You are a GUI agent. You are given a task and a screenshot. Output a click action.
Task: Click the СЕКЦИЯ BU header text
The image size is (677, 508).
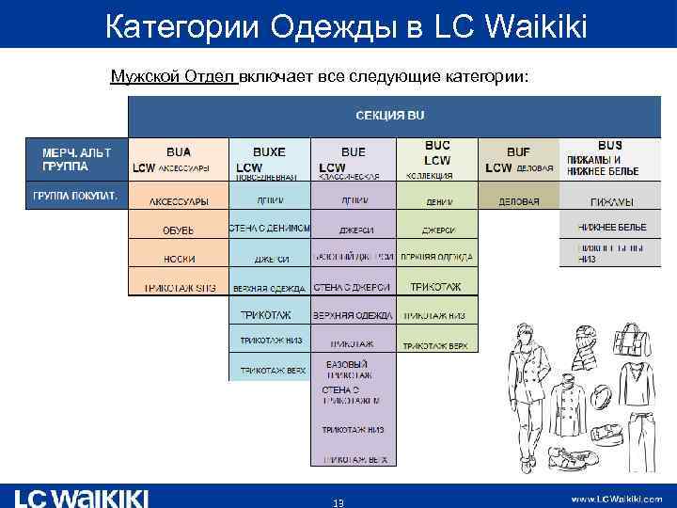pos(388,115)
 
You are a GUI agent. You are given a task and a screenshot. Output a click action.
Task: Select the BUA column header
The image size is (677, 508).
pos(178,151)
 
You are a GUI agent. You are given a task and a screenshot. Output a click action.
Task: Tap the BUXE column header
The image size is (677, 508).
pos(269,151)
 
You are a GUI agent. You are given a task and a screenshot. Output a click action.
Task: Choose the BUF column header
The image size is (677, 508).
pos(518,151)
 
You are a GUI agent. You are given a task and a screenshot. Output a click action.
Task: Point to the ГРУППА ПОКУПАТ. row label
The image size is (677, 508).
pos(75,196)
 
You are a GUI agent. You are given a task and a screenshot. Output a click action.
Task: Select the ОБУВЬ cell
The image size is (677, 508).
pos(178,229)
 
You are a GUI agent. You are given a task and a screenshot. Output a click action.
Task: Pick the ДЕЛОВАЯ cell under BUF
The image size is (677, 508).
pos(518,201)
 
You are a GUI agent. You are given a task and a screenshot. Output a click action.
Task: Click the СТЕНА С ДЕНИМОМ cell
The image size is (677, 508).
pos(269,228)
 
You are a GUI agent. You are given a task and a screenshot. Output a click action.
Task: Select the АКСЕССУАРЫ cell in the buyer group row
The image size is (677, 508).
pos(178,201)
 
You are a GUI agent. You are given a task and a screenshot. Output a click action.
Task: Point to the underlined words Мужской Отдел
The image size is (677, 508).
pos(173,75)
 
